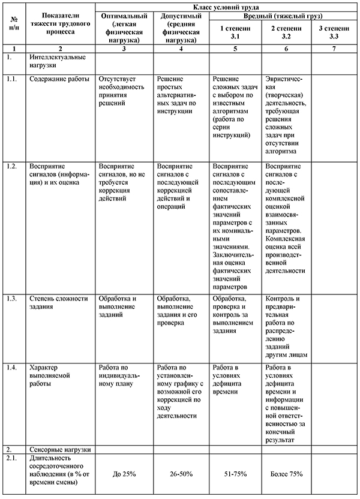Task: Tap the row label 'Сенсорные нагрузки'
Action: point(60,449)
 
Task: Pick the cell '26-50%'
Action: point(181,474)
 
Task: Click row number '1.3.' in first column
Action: point(10,298)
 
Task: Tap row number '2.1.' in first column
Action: point(10,458)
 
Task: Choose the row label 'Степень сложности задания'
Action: point(58,302)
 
